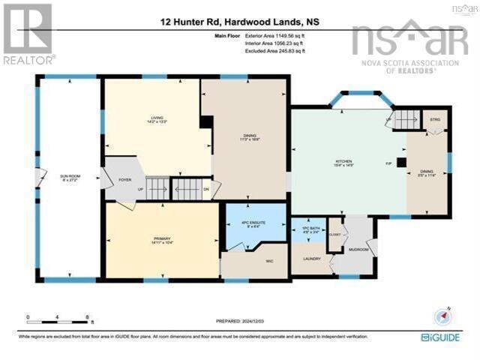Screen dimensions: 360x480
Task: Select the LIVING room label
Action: [156, 118]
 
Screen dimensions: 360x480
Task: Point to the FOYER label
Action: [124, 179]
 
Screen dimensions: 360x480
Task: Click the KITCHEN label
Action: [343, 161]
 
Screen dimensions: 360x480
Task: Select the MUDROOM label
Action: [358, 250]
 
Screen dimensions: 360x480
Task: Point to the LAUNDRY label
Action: [311, 259]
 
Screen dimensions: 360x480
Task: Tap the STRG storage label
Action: [435, 120]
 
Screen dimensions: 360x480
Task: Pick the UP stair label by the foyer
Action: [140, 190]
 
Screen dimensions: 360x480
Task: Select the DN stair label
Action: [206, 190]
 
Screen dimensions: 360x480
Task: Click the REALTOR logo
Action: [28, 34]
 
